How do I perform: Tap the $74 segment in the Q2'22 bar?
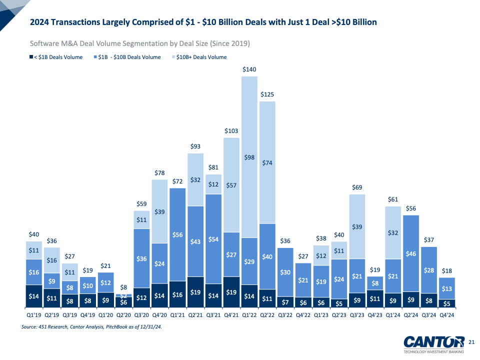pyautogui.click(x=267, y=162)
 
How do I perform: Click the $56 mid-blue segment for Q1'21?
pyautogui.click(x=177, y=234)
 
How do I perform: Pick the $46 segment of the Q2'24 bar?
pyautogui.click(x=411, y=253)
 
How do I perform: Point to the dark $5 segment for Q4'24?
pyautogui.click(x=447, y=302)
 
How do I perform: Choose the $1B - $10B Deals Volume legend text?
pyautogui.click(x=129, y=57)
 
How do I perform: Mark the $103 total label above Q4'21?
pyautogui.click(x=231, y=130)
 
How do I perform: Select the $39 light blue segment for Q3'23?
pyautogui.click(x=357, y=226)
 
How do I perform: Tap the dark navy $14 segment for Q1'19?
pyautogui.click(x=34, y=295)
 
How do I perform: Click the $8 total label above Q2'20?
pyautogui.click(x=123, y=287)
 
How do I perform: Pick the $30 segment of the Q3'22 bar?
pyautogui.click(x=285, y=272)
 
